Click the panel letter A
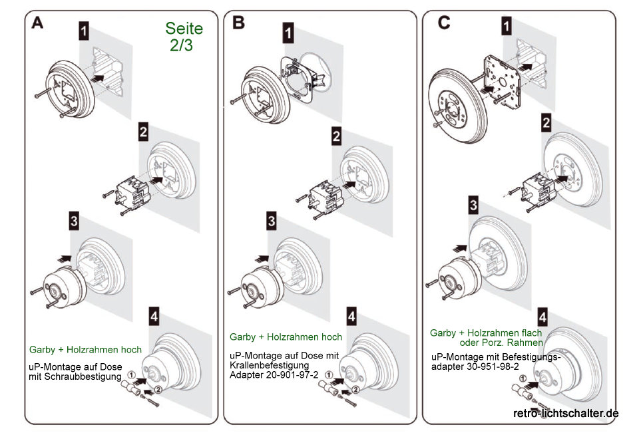click(x=37, y=23)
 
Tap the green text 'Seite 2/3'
click(x=184, y=37)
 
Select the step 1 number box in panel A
click(x=84, y=31)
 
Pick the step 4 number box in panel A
click(x=154, y=318)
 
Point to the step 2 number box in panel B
click(x=336, y=136)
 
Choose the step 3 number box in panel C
click(x=473, y=205)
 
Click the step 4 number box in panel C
click(x=543, y=317)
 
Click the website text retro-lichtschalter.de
click(x=566, y=413)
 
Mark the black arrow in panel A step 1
click(x=98, y=78)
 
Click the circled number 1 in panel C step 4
click(x=523, y=380)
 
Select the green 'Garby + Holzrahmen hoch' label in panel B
click(x=286, y=337)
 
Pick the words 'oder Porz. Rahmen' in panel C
click(x=501, y=342)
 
